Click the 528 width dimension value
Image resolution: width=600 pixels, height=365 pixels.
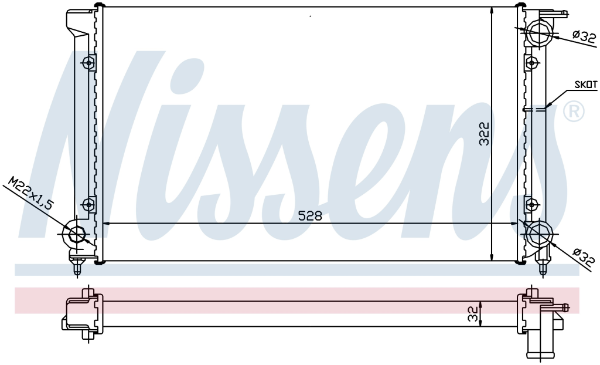point(310,216)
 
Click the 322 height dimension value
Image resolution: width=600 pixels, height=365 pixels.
point(485,134)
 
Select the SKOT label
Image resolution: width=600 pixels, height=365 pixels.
point(586,85)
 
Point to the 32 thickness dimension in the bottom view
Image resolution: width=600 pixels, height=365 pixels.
point(473,313)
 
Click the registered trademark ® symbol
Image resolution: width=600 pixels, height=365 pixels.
point(574,111)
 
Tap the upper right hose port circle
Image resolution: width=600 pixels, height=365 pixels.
point(538,32)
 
